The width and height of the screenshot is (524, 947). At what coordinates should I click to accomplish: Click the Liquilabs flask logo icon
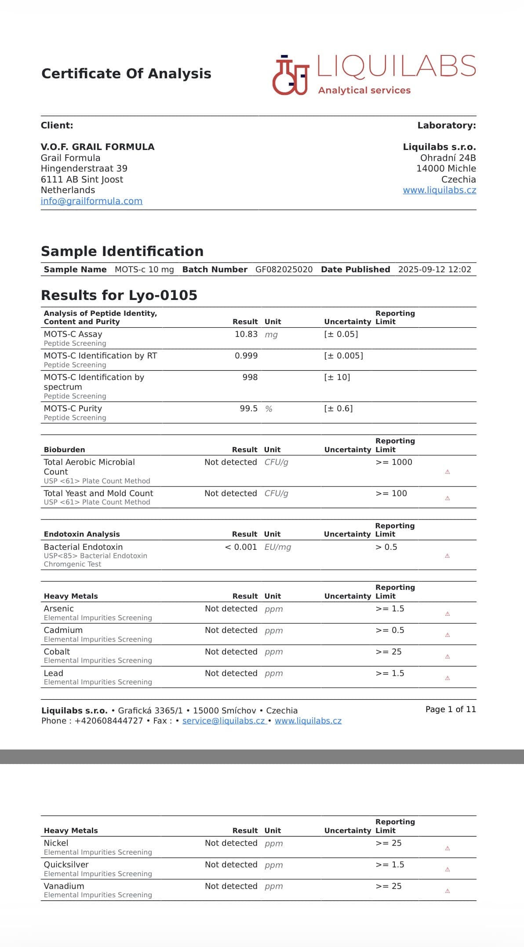291,75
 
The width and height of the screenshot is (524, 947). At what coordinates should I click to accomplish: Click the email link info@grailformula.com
91,201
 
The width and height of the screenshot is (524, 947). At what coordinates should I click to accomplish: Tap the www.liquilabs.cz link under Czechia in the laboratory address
439,190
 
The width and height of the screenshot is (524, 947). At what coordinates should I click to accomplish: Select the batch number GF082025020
284,269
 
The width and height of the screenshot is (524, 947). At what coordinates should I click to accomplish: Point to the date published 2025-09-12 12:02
434,269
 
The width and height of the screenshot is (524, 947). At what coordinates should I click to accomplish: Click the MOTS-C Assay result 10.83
246,334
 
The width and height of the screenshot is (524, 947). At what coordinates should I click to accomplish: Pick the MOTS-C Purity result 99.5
248,409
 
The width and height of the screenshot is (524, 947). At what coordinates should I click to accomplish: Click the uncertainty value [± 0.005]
343,355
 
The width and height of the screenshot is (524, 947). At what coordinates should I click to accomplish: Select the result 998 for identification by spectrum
250,377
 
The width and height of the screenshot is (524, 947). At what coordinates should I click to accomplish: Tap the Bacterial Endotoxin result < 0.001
240,547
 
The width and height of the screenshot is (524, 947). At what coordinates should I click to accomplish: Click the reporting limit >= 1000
394,462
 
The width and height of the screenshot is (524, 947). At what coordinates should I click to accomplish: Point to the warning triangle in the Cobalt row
448,656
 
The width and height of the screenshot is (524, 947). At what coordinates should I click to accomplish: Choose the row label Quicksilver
66,864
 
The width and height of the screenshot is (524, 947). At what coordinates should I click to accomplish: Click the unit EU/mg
277,547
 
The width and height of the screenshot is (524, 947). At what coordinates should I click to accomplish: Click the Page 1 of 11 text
451,709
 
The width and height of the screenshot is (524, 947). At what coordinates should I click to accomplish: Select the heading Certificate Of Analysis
126,73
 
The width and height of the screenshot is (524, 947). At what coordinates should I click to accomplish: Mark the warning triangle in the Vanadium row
448,891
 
